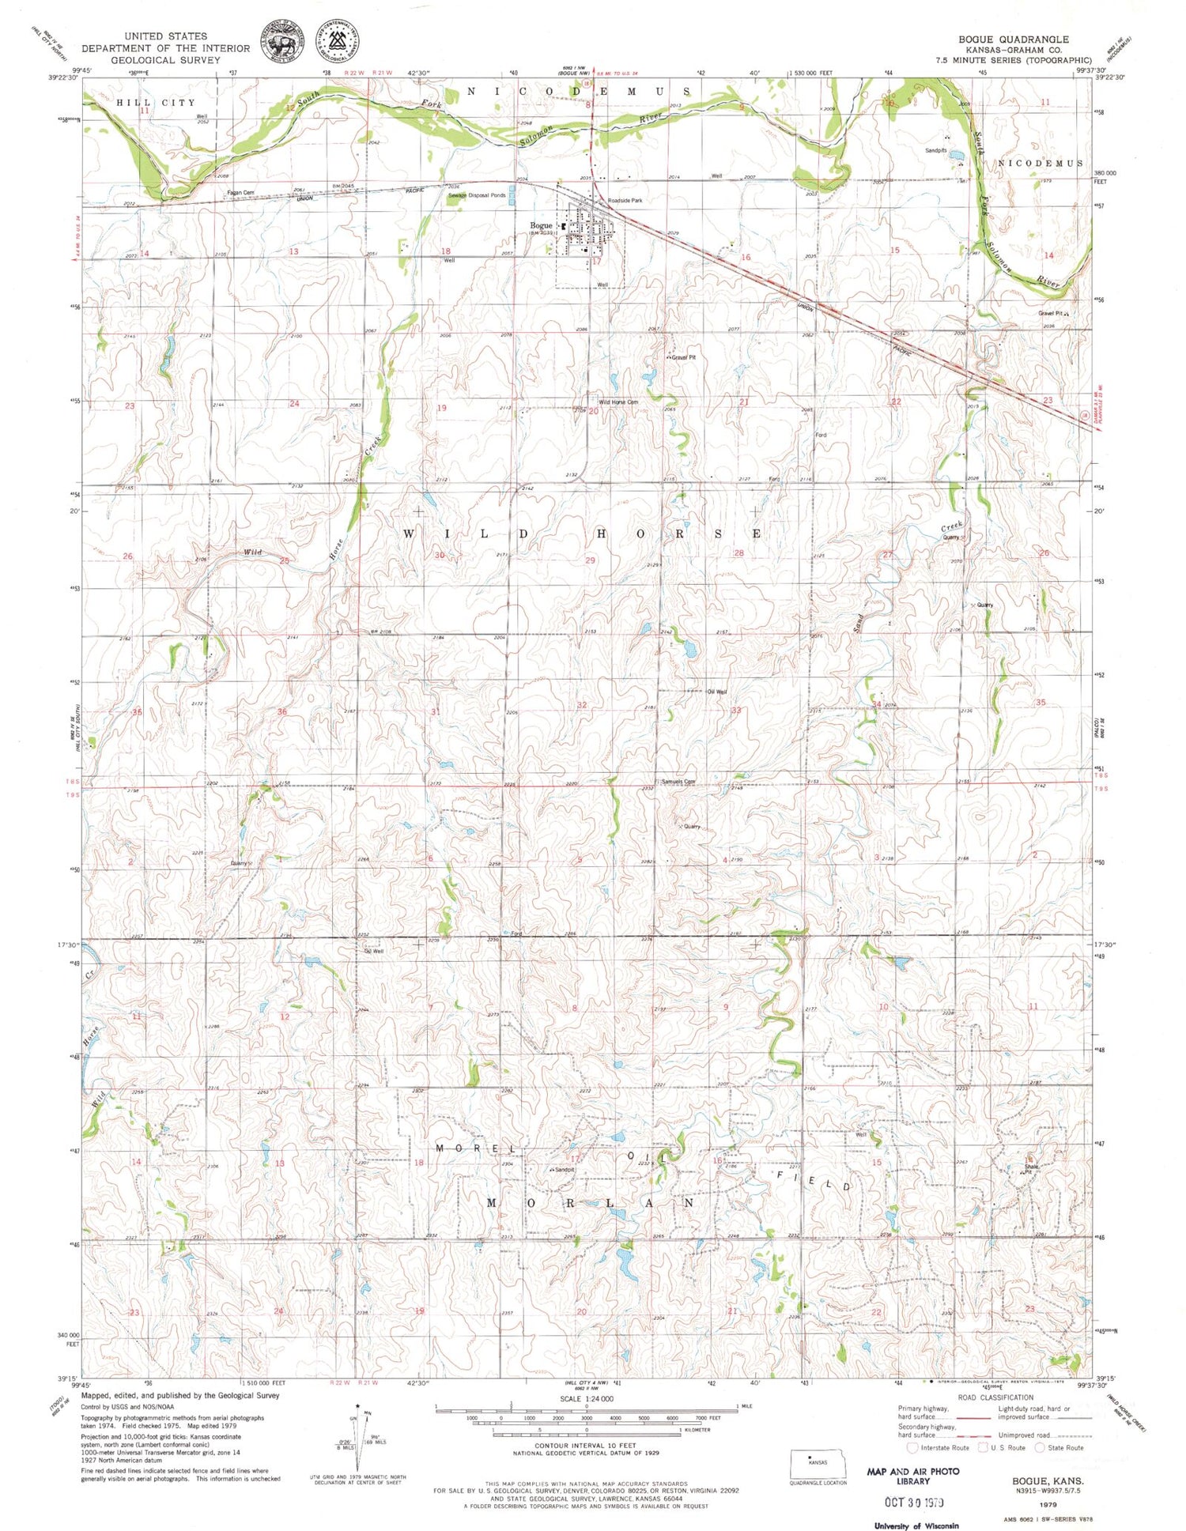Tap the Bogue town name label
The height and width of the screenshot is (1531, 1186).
click(x=541, y=225)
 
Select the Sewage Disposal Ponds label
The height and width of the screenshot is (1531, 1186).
click(x=477, y=194)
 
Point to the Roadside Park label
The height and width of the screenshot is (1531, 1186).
click(x=625, y=201)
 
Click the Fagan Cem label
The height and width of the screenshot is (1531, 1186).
click(x=240, y=192)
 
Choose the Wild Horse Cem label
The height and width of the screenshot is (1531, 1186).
click(x=618, y=402)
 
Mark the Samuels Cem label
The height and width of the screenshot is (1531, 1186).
click(x=678, y=782)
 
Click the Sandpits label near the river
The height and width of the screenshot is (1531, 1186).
click(x=935, y=150)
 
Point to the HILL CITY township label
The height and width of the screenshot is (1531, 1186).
click(x=155, y=103)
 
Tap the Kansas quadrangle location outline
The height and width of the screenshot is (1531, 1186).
click(x=818, y=1464)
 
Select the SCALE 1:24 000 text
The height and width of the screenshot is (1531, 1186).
click(x=586, y=1398)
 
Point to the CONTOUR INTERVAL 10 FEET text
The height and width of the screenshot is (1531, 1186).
click(x=585, y=1446)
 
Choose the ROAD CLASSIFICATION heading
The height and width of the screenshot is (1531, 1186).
click(x=995, y=1397)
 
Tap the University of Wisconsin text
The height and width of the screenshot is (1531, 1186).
click(x=916, y=1525)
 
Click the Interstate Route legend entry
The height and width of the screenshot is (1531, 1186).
click(x=939, y=1448)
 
